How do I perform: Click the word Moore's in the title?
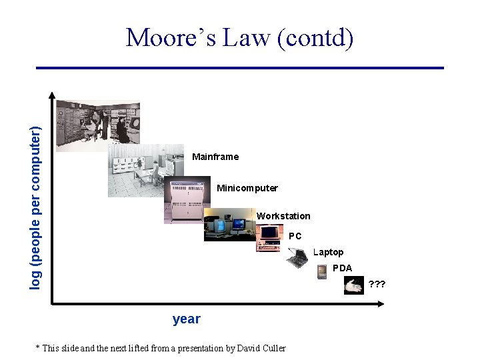pyautogui.click(x=169, y=37)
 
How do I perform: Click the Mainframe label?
pyautogui.click(x=215, y=157)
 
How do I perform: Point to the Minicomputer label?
pyautogui.click(x=247, y=188)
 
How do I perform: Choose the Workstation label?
pyautogui.click(x=283, y=216)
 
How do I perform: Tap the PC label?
pyautogui.click(x=295, y=236)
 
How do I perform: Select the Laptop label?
pyautogui.click(x=328, y=252)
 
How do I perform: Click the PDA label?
pyautogui.click(x=342, y=268)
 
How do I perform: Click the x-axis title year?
pyautogui.click(x=186, y=319)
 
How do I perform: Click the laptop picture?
pyautogui.click(x=296, y=257)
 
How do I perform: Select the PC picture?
pyautogui.click(x=269, y=239)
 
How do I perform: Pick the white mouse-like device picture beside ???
pyautogui.click(x=353, y=285)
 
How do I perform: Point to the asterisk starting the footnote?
pyautogui.click(x=37, y=347)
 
